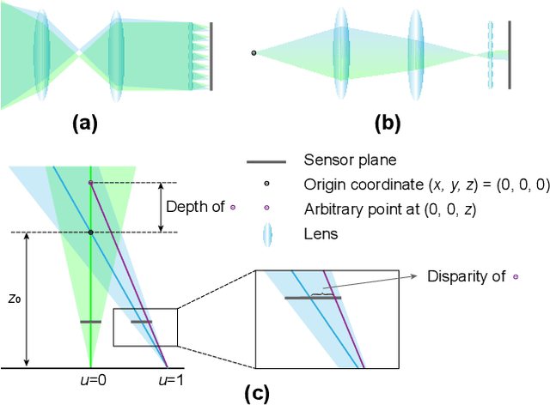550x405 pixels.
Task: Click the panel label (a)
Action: point(84,124)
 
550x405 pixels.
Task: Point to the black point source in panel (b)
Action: point(254,53)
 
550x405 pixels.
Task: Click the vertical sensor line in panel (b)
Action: point(509,54)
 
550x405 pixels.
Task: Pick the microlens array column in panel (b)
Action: point(491,54)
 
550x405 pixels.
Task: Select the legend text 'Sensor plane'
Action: point(343,160)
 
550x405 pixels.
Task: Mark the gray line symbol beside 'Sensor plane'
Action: point(266,160)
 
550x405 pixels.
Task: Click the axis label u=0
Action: point(90,378)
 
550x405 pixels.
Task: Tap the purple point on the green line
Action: point(90,183)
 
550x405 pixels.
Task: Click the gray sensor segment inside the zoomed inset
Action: point(313,298)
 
